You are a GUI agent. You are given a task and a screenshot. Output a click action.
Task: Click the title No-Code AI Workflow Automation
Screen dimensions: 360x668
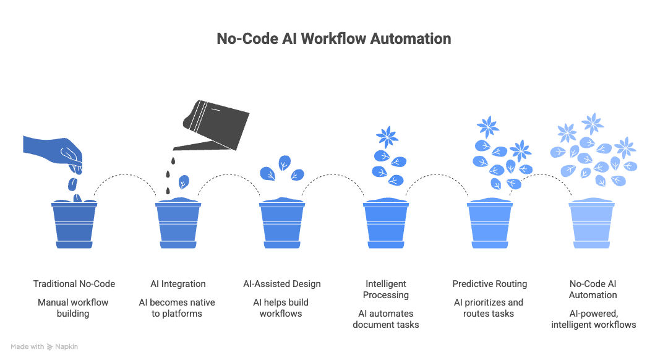(x=333, y=38)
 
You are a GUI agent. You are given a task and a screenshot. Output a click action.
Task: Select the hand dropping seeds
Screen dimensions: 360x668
(x=53, y=151)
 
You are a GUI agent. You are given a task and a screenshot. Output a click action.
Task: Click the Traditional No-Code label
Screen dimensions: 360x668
(x=74, y=284)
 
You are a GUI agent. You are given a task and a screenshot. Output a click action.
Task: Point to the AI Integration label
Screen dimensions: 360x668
(x=178, y=284)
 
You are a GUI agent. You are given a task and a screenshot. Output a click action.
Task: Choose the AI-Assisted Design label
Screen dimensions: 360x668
(x=282, y=284)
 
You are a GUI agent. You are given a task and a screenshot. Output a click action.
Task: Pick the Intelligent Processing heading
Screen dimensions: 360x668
(x=386, y=289)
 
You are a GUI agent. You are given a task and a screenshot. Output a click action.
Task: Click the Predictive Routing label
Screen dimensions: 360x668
(x=490, y=284)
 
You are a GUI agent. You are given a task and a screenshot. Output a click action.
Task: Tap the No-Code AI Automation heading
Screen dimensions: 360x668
(x=593, y=289)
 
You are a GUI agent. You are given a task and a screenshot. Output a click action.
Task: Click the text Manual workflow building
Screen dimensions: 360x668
(x=74, y=308)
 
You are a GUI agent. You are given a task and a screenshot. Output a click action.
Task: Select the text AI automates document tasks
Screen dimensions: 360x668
(x=386, y=319)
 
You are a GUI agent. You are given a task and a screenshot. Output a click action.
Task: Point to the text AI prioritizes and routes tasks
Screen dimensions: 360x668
(x=490, y=308)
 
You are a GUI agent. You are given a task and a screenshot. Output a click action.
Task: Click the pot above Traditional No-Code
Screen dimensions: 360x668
(x=74, y=225)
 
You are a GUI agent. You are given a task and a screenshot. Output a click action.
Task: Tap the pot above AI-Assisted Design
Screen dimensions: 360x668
(x=282, y=225)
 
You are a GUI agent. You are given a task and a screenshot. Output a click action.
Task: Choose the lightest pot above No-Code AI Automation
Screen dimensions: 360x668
(x=593, y=225)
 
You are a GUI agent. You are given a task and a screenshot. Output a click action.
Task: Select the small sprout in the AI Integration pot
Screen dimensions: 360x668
(x=184, y=183)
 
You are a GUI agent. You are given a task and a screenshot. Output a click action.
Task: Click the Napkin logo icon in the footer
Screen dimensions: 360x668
(x=49, y=347)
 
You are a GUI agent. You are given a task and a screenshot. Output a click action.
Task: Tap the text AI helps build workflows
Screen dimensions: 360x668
(x=282, y=308)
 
